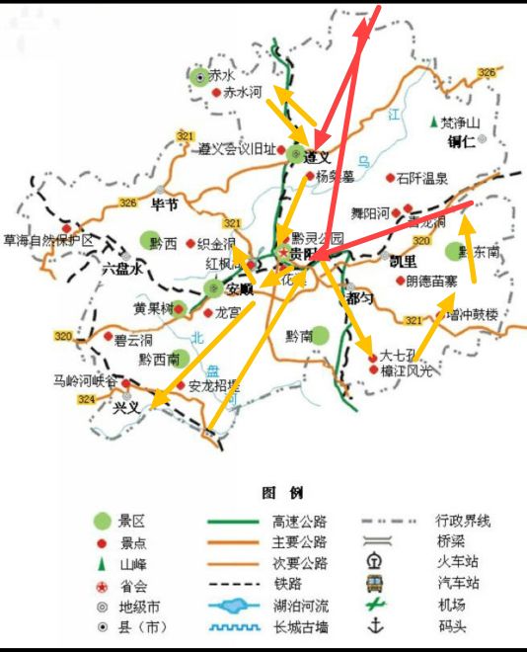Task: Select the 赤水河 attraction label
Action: (242, 93)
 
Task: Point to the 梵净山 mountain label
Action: (460, 123)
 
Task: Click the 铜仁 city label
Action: (461, 141)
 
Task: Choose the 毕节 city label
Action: (163, 204)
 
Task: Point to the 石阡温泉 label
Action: (422, 179)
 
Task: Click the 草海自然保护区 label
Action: (48, 240)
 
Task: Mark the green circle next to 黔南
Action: (319, 335)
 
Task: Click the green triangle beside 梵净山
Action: (433, 123)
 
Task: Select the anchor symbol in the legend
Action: (375, 625)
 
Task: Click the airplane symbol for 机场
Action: (375, 604)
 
